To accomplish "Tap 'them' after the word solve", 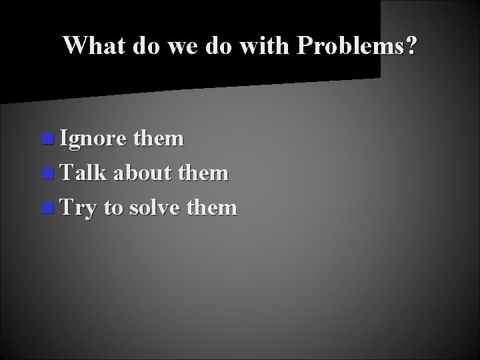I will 211,209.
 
